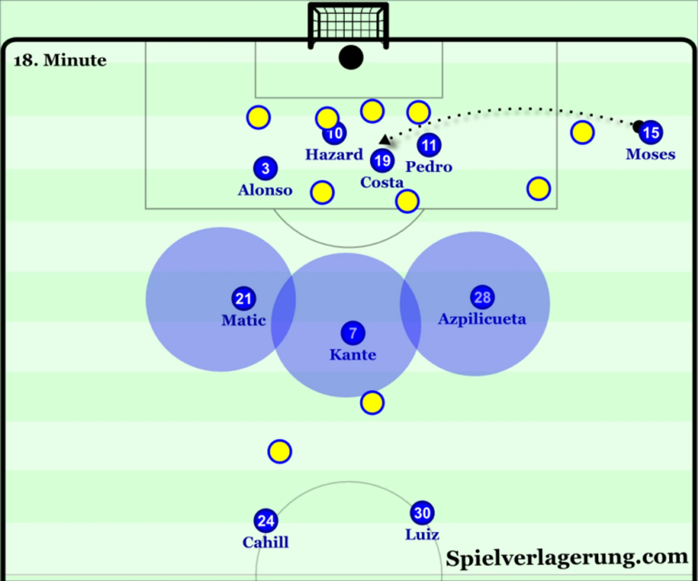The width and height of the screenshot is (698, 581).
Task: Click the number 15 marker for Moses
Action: pos(651,132)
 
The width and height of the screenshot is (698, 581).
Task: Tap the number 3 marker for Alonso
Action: pos(265,168)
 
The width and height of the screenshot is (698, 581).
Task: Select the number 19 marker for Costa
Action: pos(382,161)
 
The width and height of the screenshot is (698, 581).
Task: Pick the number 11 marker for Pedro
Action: pos(429,145)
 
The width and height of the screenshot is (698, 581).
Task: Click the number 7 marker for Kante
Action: pos(353,333)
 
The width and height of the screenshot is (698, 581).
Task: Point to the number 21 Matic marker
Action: pos(244,298)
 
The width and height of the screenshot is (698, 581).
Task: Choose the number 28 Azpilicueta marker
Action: pos(482,297)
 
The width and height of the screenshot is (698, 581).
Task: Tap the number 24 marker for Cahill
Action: pos(266,521)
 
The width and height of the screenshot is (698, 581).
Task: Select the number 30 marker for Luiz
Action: pos(422,513)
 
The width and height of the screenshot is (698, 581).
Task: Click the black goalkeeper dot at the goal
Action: pos(351,57)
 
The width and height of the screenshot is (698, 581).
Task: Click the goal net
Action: pos(349,22)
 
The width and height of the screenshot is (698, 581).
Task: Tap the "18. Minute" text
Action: pos(60,60)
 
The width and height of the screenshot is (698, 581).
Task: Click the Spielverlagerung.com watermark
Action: pos(567,558)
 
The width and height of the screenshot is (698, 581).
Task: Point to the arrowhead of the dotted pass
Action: pos(384,140)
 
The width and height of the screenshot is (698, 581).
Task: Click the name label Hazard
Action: pos(334,154)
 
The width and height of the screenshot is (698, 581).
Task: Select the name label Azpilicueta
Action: pos(482,319)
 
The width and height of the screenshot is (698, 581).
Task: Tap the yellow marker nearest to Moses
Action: pos(582,132)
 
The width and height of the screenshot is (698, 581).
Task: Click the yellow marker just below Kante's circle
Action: pos(372,403)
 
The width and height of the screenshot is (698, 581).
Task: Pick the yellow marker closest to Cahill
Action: pos(280,451)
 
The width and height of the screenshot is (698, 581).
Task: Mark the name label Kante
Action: pos(353,355)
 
